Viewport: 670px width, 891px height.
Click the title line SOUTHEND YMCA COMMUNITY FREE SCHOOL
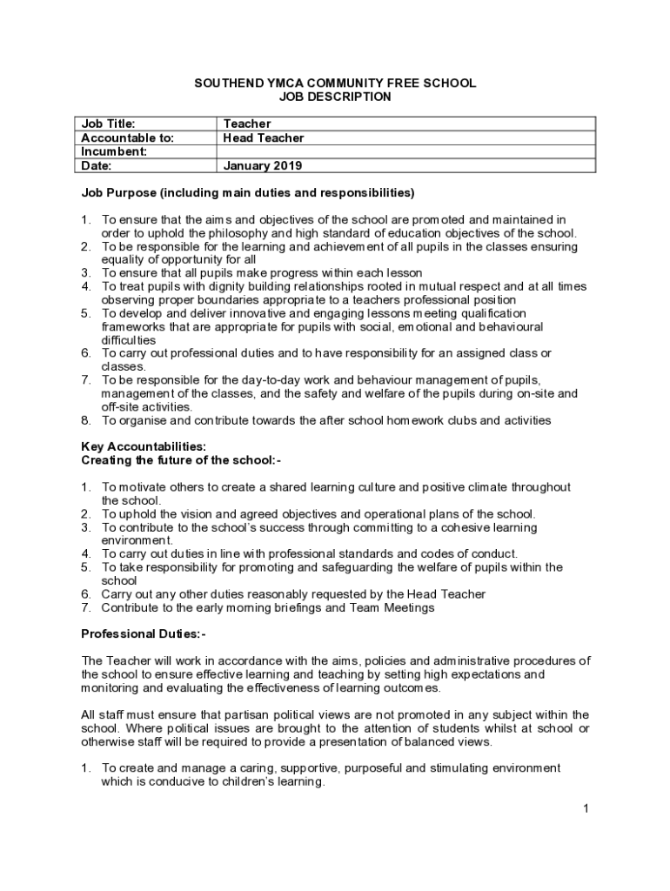335,83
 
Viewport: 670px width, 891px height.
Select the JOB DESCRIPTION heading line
335,97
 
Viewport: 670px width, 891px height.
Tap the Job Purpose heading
247,192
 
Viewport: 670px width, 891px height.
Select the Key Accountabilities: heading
144,446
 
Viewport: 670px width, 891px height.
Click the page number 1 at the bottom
586,809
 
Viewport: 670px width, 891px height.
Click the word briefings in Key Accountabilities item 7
299,607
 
